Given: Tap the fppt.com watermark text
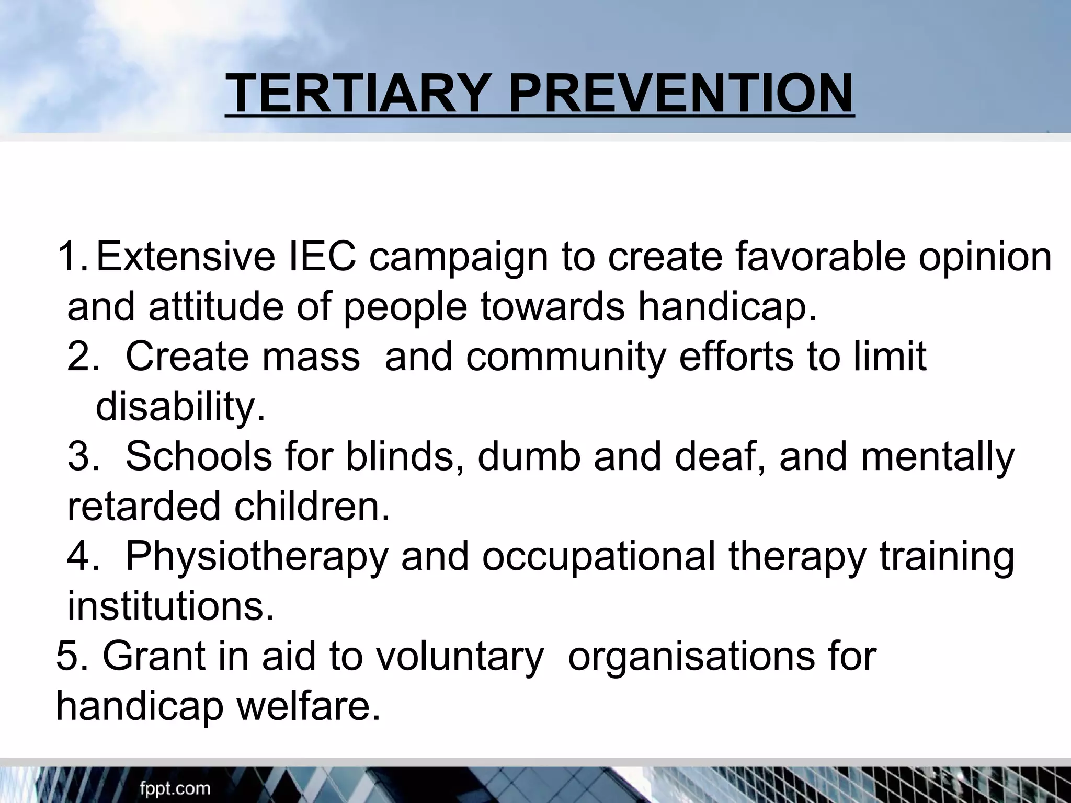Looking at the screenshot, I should point(175,788).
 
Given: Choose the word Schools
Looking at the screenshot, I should point(199,456).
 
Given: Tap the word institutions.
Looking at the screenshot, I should point(170,606).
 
